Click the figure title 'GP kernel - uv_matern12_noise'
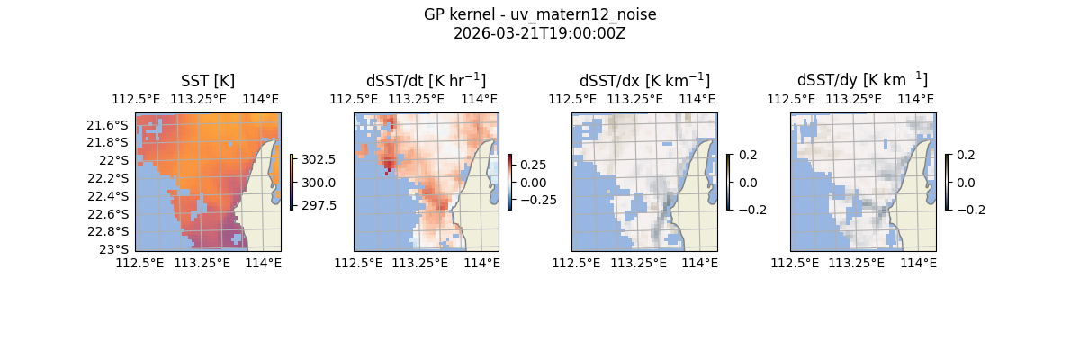[539, 14]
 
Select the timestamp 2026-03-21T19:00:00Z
[539, 33]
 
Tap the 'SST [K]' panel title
[208, 81]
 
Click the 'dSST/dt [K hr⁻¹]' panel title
[426, 81]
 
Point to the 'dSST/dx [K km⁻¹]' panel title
[644, 81]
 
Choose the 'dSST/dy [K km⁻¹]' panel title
[862, 81]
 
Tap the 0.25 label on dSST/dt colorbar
[534, 165]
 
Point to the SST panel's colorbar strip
[292, 182]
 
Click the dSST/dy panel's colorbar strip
[948, 182]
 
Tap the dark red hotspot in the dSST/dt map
[389, 164]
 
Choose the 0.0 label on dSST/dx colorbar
[749, 182]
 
